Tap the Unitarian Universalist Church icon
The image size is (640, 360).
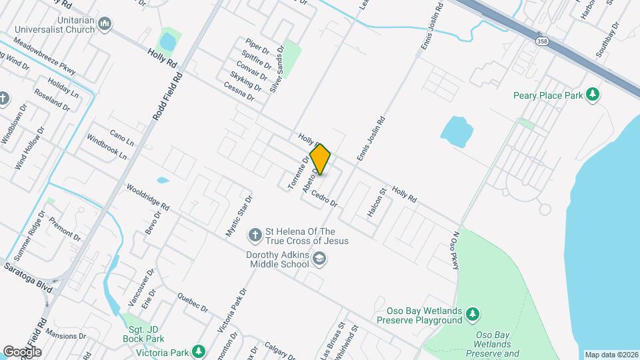(x=104, y=25)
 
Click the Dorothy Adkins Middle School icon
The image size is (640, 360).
(x=320, y=259)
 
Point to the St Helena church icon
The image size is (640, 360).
(x=254, y=235)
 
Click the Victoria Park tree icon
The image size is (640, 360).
(x=198, y=351)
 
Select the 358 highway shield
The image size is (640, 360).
(x=541, y=41)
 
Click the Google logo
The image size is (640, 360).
(x=22, y=351)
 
